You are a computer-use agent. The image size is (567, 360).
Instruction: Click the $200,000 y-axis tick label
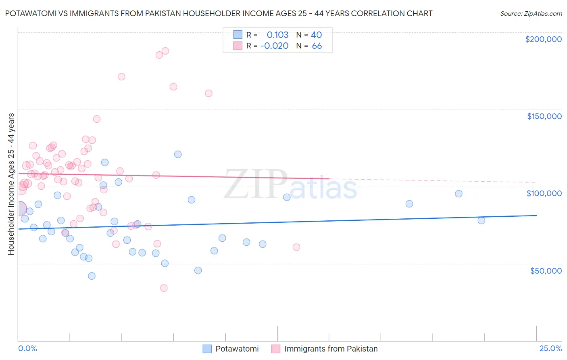click(543, 39)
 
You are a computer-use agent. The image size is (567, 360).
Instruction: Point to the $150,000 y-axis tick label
click(544, 116)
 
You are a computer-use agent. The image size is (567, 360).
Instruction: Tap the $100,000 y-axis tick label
click(544, 193)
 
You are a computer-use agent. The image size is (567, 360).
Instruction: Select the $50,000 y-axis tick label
click(546, 271)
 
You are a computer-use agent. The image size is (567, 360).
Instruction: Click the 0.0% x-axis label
click(27, 348)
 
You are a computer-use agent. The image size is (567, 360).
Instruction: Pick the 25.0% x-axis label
click(550, 348)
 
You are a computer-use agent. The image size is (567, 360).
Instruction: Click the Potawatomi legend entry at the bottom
click(237, 349)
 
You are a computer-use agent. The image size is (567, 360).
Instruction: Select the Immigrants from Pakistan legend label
click(331, 349)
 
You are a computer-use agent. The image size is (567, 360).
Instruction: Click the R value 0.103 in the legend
click(277, 35)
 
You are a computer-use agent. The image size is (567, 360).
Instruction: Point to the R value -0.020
click(274, 46)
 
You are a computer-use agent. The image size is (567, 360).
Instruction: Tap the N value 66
click(317, 46)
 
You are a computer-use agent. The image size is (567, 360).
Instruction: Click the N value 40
click(316, 35)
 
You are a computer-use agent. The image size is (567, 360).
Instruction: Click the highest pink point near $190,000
click(165, 51)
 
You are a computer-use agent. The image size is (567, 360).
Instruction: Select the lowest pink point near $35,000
click(164, 288)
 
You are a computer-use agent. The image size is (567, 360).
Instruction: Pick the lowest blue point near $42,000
click(92, 276)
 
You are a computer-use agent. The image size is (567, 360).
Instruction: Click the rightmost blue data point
click(481, 220)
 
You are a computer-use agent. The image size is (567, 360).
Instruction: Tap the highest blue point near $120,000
click(178, 154)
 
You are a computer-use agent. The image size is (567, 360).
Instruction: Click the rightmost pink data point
click(296, 247)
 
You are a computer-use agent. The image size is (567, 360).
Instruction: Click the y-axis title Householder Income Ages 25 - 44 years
click(11, 184)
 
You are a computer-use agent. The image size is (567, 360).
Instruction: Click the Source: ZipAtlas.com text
click(531, 13)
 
